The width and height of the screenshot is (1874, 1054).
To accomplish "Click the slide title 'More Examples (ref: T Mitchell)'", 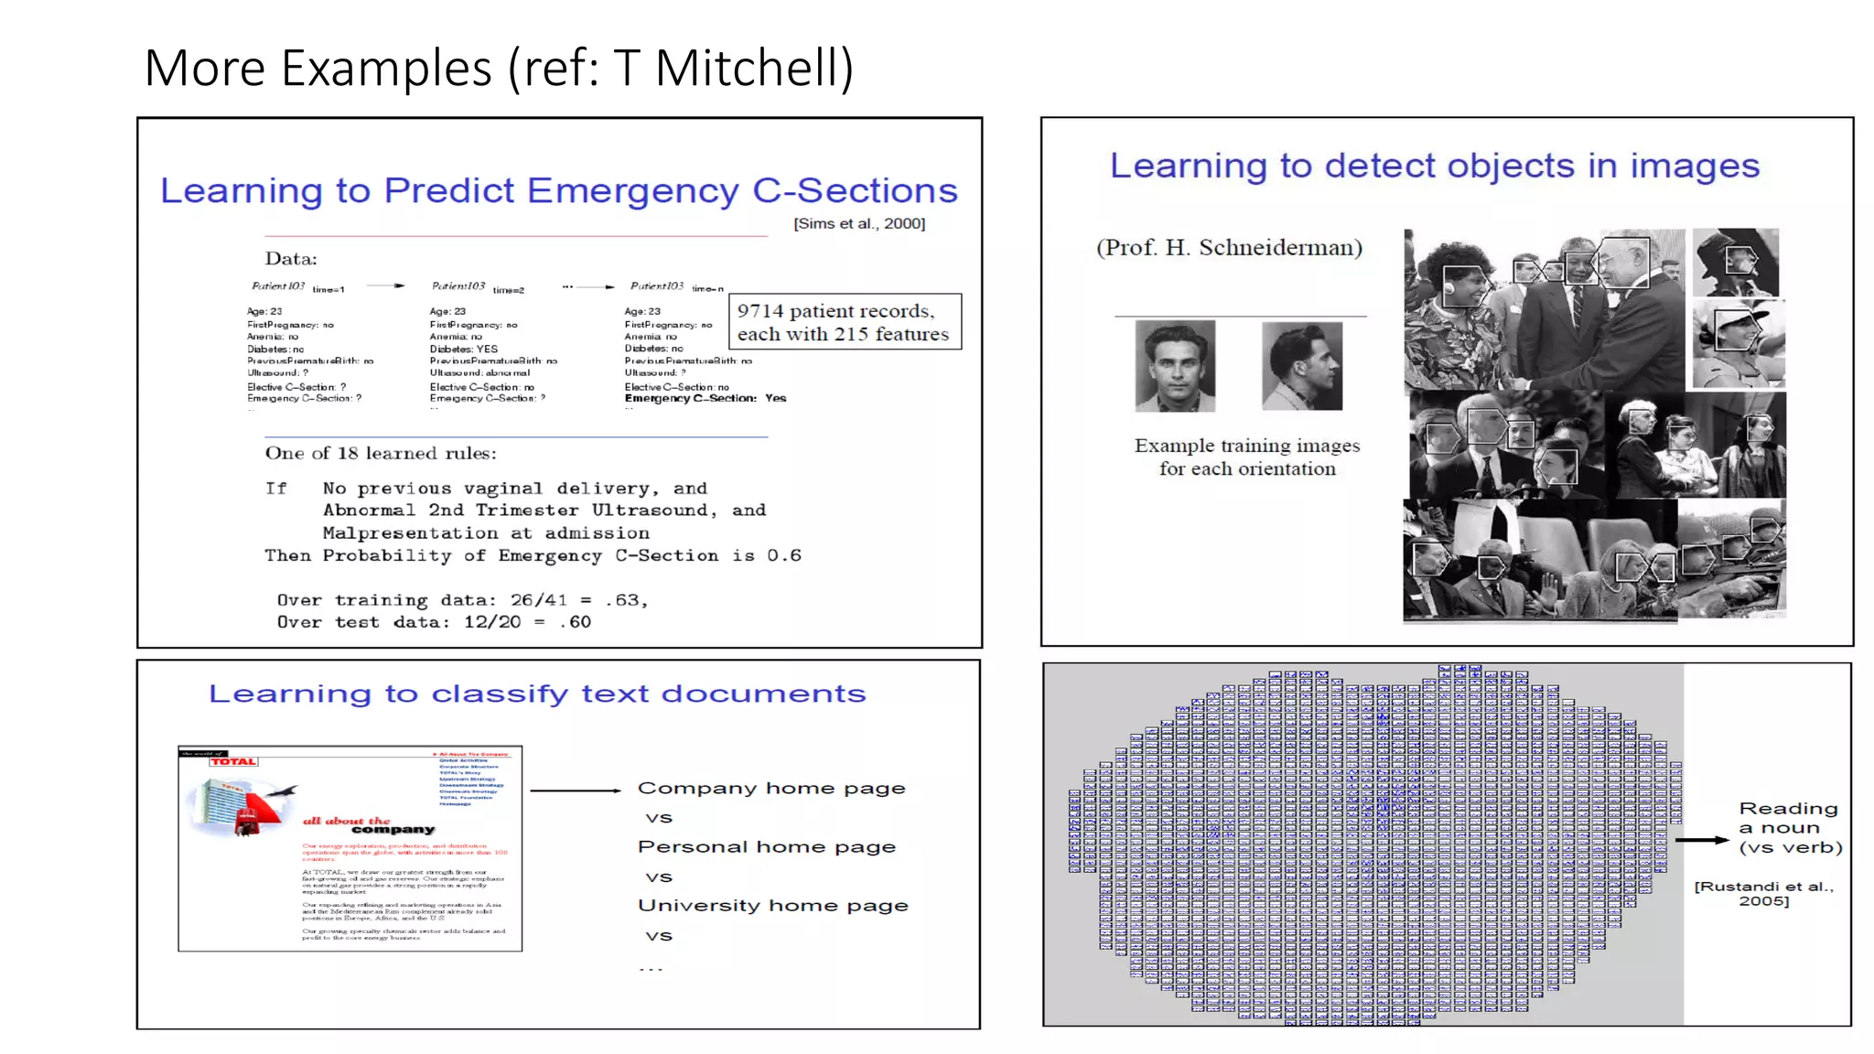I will [x=499, y=69].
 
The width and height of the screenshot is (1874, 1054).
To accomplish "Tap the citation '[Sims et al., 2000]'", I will [x=859, y=223].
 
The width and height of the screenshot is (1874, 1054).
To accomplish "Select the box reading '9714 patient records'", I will [x=844, y=322].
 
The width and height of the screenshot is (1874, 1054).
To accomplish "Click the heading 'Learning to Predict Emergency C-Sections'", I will [x=558, y=190].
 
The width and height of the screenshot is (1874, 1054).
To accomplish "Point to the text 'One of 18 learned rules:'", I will [x=381, y=453].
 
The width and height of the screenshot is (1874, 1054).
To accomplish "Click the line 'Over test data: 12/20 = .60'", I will [x=434, y=622].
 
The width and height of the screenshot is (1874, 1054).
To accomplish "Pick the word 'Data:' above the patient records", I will [x=291, y=259].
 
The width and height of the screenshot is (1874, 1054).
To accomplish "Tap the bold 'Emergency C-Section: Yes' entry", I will [x=705, y=398].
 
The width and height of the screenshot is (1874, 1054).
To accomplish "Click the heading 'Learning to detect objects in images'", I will [x=1434, y=167].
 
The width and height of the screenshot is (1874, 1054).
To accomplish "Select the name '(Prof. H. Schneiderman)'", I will [x=1229, y=247].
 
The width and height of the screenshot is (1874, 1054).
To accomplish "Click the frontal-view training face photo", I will [x=1175, y=365].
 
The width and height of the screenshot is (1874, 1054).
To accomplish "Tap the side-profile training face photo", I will [x=1301, y=365].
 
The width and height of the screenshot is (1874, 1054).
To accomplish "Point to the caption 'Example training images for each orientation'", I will [x=1247, y=457].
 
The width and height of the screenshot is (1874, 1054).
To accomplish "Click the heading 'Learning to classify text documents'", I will [x=536, y=694].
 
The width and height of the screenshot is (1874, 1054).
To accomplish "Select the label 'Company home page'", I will [x=771, y=788].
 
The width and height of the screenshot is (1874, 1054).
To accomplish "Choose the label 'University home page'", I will [x=773, y=905].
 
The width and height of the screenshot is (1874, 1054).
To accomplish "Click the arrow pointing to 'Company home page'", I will [x=576, y=790].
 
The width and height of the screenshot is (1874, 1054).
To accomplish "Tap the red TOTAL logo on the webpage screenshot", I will [x=233, y=761].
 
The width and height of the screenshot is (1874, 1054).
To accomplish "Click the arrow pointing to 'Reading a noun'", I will [x=1702, y=839].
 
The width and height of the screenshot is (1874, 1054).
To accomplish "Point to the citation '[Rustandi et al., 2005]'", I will [x=1764, y=893].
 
